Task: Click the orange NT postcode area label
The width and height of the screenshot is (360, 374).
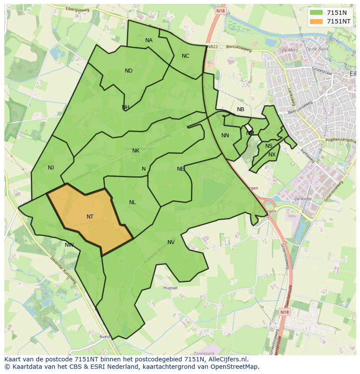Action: tap(90, 216)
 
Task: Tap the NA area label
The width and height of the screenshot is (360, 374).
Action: tap(149, 40)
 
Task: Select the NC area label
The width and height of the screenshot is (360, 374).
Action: tap(186, 56)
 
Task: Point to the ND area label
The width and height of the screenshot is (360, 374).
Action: tap(129, 71)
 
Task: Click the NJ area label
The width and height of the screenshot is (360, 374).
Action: tap(51, 168)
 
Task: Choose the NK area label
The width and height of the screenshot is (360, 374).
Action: tap(136, 151)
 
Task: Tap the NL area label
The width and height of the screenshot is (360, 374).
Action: tap(133, 202)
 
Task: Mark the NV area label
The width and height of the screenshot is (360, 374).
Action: tap(171, 242)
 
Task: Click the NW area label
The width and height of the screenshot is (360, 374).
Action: tap(69, 245)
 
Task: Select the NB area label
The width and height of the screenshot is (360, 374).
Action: tap(240, 109)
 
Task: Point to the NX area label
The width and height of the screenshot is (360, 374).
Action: tap(272, 155)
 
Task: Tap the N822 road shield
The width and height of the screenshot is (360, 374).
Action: tap(213, 46)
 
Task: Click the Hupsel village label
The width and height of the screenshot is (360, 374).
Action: tap(170, 288)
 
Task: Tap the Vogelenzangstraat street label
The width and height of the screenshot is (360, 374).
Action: tap(341, 140)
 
